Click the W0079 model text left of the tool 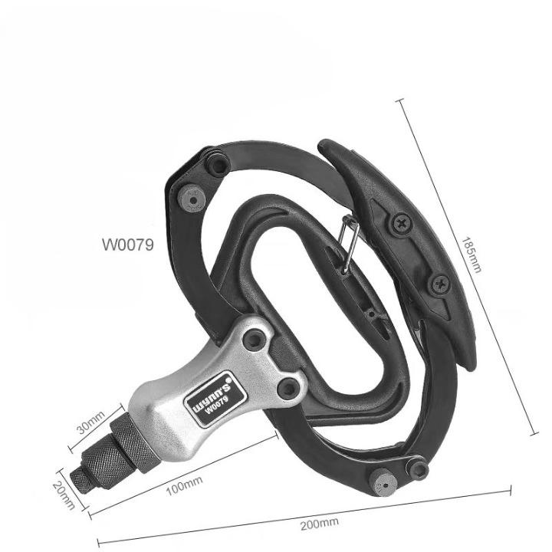pyautogui.click(x=128, y=245)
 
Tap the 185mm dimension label pyautogui.click(x=472, y=252)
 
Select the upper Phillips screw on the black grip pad pyautogui.click(x=402, y=224)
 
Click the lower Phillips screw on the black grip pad pyautogui.click(x=440, y=284)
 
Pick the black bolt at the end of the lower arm pyautogui.click(x=418, y=468)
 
